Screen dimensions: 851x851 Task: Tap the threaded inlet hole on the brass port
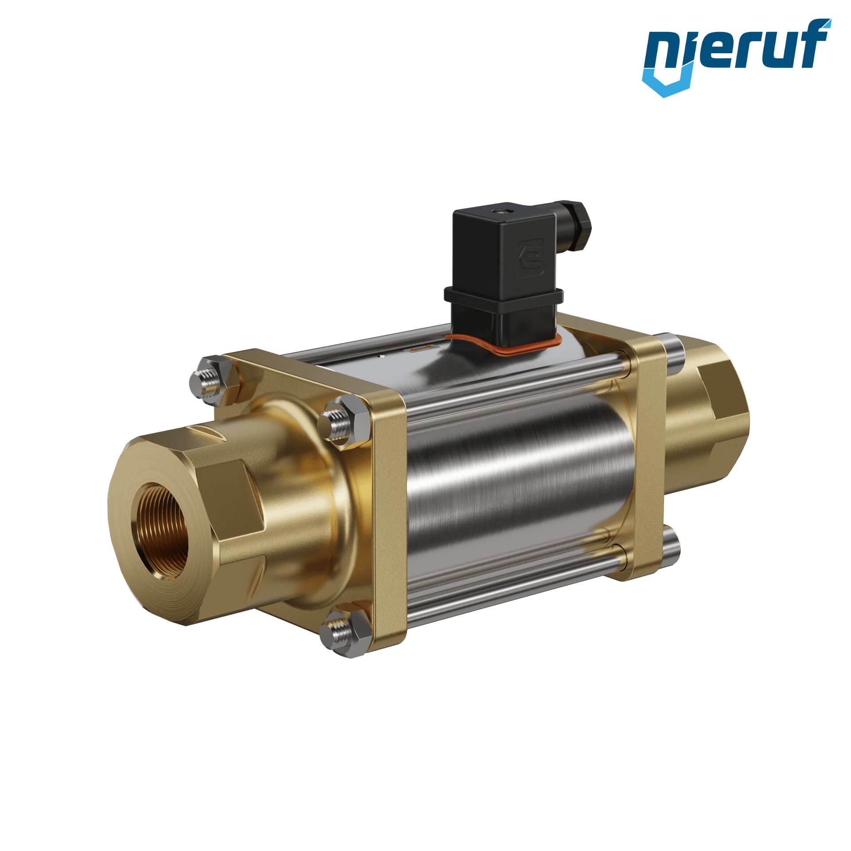point(161,531)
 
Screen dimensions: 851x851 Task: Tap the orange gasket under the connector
point(505,344)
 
